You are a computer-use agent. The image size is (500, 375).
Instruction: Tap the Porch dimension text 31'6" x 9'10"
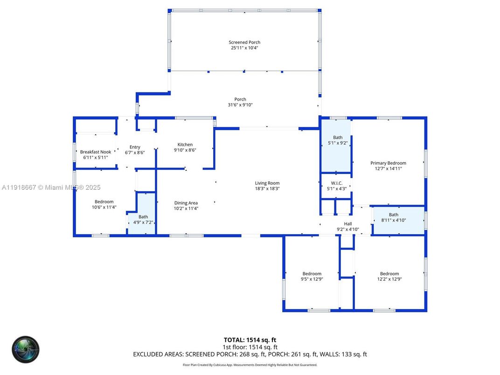point(240,105)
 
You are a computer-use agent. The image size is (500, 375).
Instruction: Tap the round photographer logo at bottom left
point(26,348)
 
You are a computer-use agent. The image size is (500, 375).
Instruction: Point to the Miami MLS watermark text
point(51,187)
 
